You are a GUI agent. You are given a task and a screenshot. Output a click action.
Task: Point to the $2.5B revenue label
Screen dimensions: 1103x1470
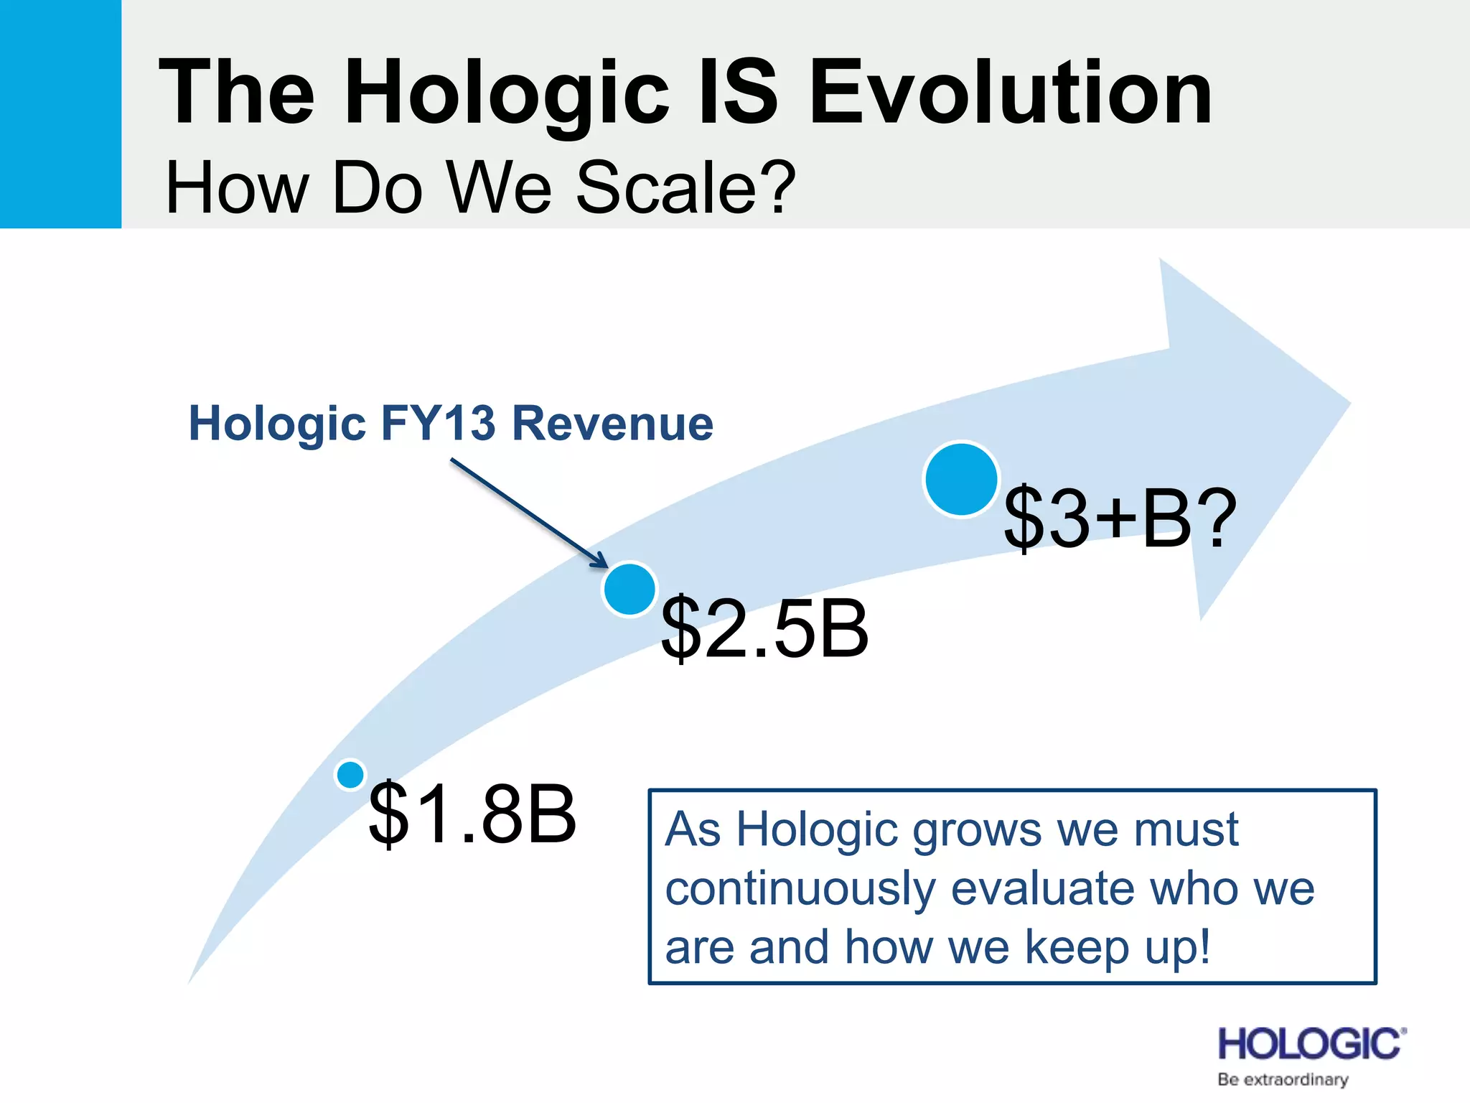[764, 629]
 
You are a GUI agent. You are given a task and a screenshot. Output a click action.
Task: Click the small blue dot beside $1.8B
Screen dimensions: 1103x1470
[350, 774]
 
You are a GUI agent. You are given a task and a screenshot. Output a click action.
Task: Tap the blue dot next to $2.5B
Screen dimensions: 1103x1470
[629, 590]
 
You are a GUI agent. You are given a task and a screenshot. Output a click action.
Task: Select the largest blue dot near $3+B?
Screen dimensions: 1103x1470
[961, 479]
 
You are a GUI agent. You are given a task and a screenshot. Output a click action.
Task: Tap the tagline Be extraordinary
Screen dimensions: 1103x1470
[1283, 1079]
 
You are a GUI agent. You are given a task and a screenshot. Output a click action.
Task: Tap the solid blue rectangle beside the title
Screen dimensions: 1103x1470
[60, 113]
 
